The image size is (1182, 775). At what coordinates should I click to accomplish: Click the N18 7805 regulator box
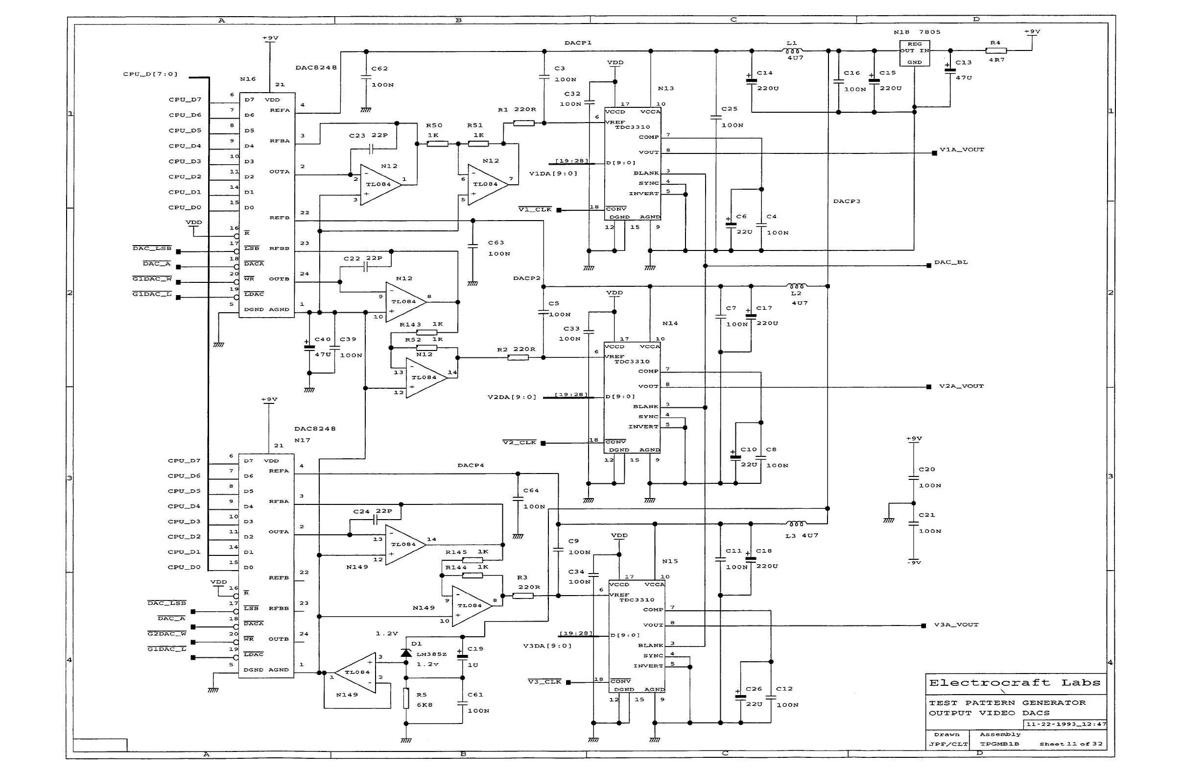click(914, 53)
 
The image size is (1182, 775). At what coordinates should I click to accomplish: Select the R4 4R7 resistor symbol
click(996, 50)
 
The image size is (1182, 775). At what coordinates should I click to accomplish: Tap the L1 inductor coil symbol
click(792, 50)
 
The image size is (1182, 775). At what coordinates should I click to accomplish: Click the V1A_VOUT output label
click(962, 150)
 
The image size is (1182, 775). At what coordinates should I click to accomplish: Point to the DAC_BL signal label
click(950, 262)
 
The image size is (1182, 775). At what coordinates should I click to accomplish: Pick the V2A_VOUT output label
click(961, 386)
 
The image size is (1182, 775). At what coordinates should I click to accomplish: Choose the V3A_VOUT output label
click(956, 625)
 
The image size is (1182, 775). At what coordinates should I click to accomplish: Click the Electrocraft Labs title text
click(1015, 683)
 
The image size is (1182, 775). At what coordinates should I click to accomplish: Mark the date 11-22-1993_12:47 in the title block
click(1066, 725)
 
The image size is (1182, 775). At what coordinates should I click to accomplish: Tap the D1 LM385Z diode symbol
click(406, 653)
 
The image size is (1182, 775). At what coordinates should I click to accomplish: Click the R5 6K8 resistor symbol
click(406, 699)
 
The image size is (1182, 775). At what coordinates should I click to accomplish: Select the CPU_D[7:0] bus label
click(150, 75)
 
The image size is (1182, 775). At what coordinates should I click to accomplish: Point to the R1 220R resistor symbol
click(523, 123)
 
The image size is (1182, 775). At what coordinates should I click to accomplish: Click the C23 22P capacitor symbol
click(371, 148)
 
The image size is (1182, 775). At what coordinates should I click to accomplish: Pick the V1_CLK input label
click(535, 210)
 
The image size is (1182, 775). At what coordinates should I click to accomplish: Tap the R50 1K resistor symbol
click(438, 144)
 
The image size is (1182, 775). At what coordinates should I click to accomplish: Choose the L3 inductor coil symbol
click(797, 523)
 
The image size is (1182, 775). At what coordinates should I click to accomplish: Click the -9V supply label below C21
click(914, 563)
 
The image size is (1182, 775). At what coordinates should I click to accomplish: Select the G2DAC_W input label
click(166, 634)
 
